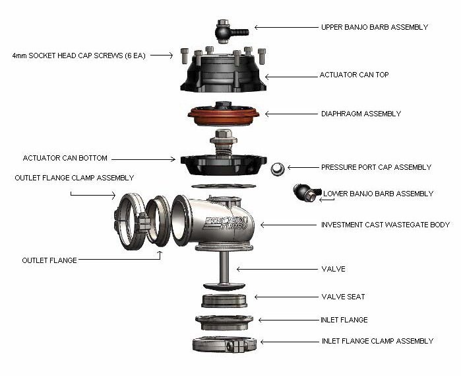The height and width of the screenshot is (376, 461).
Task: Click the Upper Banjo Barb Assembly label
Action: click(374, 27)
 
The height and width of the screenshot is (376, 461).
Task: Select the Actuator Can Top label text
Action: click(354, 75)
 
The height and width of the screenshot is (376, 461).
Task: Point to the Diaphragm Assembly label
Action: click(361, 114)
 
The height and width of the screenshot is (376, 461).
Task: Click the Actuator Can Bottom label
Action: click(65, 159)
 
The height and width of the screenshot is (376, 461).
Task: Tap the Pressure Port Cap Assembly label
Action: click(376, 167)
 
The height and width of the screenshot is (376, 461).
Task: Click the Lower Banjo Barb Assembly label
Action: click(378, 194)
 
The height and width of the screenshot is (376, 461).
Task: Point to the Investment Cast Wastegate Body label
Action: click(385, 225)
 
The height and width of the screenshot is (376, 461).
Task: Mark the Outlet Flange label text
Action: click(49, 260)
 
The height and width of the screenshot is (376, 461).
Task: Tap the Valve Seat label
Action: click(343, 297)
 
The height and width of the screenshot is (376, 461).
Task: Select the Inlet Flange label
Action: click(344, 320)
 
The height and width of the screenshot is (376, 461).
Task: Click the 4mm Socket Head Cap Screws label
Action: click(79, 56)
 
